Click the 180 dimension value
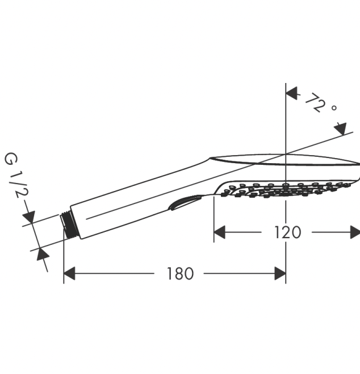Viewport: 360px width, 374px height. pos(180,273)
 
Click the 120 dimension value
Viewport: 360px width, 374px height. pos(287,232)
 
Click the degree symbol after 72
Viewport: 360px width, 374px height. pos(334,108)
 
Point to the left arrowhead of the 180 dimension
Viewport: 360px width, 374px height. pos(69,273)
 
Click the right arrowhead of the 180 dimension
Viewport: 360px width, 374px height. pos(280,273)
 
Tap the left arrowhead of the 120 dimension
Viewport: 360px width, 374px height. pos(219,232)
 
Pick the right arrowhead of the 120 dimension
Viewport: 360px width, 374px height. pos(355,232)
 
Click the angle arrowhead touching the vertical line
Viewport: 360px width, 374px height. pos(292,93)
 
